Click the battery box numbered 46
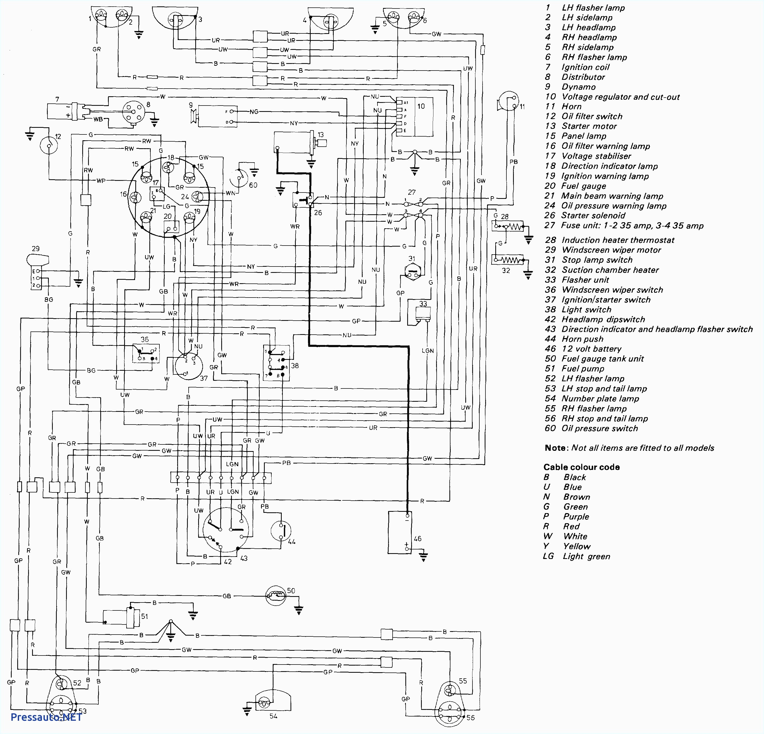[x=400, y=532]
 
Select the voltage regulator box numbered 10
[x=415, y=117]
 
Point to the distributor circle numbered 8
[x=134, y=112]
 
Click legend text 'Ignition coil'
[x=585, y=67]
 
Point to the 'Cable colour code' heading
[x=581, y=467]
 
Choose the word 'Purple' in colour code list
[x=576, y=517]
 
